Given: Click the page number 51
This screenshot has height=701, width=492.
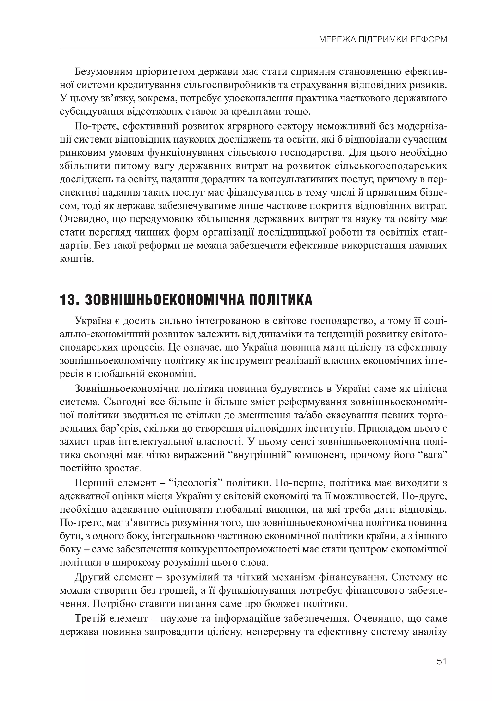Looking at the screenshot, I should [x=441, y=661].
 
